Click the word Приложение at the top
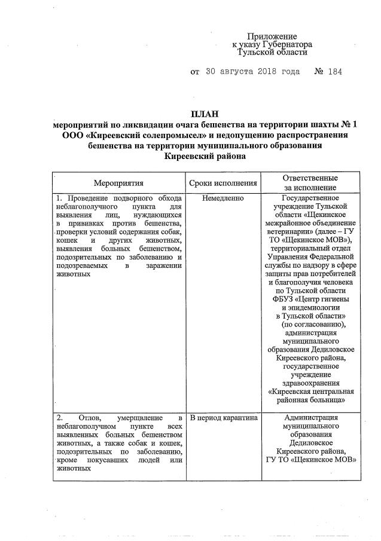[272, 37]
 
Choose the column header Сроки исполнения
[223, 183]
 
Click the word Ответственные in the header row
[310, 178]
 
